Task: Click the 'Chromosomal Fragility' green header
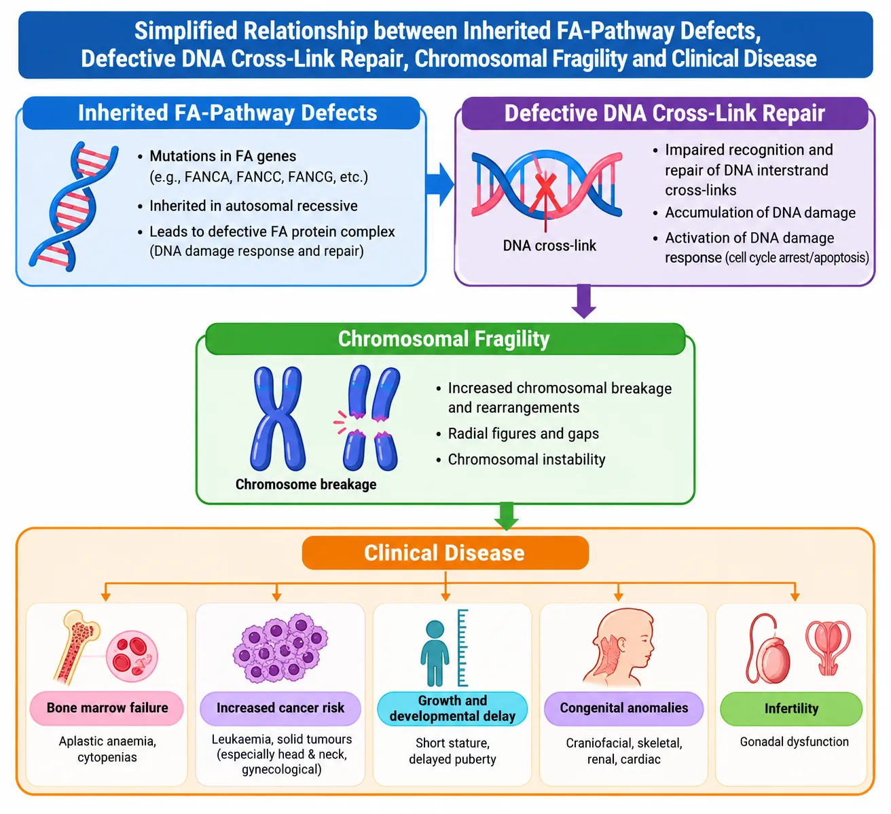(445, 339)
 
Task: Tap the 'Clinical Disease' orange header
(445, 553)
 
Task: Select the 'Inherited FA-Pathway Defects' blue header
(221, 113)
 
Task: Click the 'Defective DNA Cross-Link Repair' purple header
(664, 113)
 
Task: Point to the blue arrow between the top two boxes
(439, 184)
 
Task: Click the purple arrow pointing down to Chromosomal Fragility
(583, 301)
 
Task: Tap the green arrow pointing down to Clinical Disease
(507, 516)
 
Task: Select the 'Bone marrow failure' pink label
(107, 708)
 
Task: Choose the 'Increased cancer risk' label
(280, 708)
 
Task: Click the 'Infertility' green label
(791, 709)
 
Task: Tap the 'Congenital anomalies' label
(623, 708)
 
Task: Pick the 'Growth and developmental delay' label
(452, 708)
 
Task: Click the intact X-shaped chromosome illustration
(278, 418)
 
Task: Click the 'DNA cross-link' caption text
(549, 246)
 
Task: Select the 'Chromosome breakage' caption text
(306, 484)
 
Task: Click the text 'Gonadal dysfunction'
(794, 741)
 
